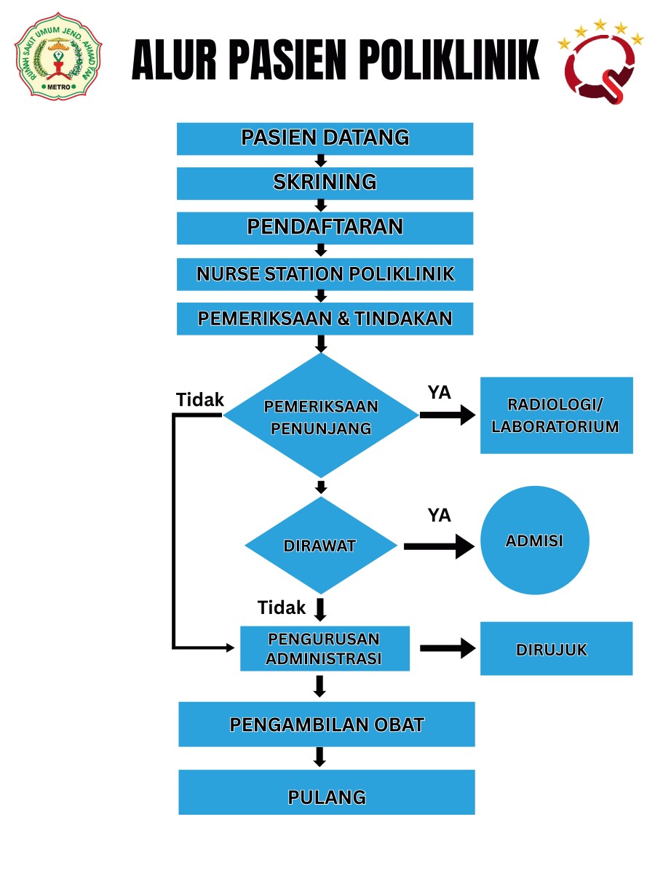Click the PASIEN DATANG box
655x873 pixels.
pos(325,138)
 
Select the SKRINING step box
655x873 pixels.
pos(325,183)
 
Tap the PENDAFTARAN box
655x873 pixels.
pos(325,228)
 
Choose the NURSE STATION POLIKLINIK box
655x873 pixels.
pos(325,274)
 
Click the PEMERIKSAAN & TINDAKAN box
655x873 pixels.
pos(325,319)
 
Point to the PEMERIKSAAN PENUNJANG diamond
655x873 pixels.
pos(321,416)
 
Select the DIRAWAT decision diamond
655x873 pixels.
pos(321,546)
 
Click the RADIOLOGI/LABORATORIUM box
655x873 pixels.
pos(556,415)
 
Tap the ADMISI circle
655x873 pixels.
pos(535,541)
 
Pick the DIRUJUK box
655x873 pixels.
pos(556,649)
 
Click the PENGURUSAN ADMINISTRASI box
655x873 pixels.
pos(325,649)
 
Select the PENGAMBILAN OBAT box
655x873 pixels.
pos(326,725)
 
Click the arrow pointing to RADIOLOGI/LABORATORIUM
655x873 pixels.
pos(447,415)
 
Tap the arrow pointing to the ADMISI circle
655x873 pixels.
pos(439,546)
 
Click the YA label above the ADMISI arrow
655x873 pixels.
pos(439,516)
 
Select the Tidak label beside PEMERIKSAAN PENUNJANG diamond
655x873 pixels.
pos(199,399)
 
